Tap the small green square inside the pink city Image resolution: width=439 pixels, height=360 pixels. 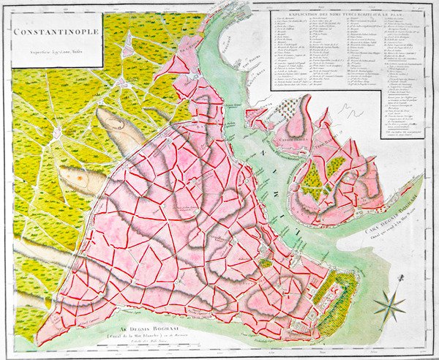tap(266, 262)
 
